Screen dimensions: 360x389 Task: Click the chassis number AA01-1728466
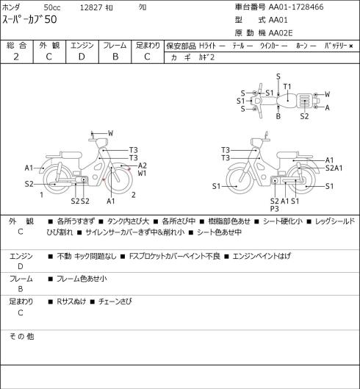pos(296,7)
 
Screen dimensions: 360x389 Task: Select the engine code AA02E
pos(281,33)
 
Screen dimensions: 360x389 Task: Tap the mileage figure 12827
pos(91,7)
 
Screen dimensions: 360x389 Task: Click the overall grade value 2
pos(16,57)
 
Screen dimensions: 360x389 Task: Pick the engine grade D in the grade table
pos(82,57)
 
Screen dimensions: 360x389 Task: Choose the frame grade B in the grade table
pos(115,57)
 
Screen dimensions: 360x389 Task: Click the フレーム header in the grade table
pos(115,46)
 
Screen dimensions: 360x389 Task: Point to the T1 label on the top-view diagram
pos(287,87)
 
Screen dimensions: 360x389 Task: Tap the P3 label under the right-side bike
pos(275,209)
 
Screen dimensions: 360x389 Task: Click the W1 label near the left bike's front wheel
pos(142,173)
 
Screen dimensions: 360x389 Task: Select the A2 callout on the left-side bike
pos(143,165)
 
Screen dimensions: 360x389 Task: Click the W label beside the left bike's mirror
pos(111,133)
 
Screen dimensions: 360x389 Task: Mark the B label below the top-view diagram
pos(278,116)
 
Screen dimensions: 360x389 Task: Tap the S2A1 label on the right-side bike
pos(334,168)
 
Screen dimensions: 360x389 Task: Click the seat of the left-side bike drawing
pos(71,155)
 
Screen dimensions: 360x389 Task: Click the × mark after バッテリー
pos(351,46)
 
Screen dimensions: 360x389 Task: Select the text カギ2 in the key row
pos(206,57)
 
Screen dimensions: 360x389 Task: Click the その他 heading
pos(21,336)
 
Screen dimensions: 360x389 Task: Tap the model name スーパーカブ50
pos(29,19)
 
